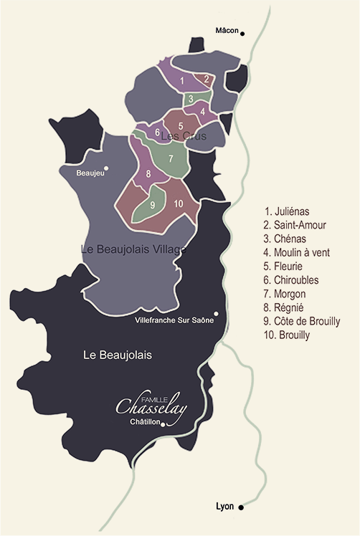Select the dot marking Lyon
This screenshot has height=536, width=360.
pyautogui.click(x=242, y=507)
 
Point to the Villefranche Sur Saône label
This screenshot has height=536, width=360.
pyautogui.click(x=174, y=320)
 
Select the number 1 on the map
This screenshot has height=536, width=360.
pyautogui.click(x=183, y=80)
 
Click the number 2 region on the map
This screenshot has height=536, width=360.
pyautogui.click(x=206, y=79)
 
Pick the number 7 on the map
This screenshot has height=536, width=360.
pyautogui.click(x=171, y=158)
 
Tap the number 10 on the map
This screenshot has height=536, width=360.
pyautogui.click(x=178, y=204)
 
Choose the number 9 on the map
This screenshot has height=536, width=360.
pyautogui.click(x=153, y=205)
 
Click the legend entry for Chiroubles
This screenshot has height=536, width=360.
pyautogui.click(x=293, y=279)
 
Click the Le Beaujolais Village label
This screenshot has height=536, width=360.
pyautogui.click(x=135, y=249)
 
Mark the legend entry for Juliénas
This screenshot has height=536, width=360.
pyautogui.click(x=288, y=211)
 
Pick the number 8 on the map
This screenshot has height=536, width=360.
pyautogui.click(x=148, y=174)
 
